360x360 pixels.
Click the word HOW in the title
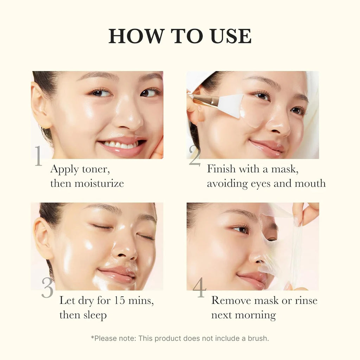tap(136, 36)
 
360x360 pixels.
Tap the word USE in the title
tap(231, 36)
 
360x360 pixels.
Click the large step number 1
tap(38, 156)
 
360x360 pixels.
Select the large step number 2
tap(194, 156)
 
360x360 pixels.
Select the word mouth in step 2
tap(308, 183)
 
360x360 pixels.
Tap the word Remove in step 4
tap(232, 301)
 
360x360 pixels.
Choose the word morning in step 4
tap(255, 315)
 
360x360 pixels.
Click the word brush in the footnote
tap(258, 338)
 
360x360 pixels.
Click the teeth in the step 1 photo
tap(122, 144)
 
